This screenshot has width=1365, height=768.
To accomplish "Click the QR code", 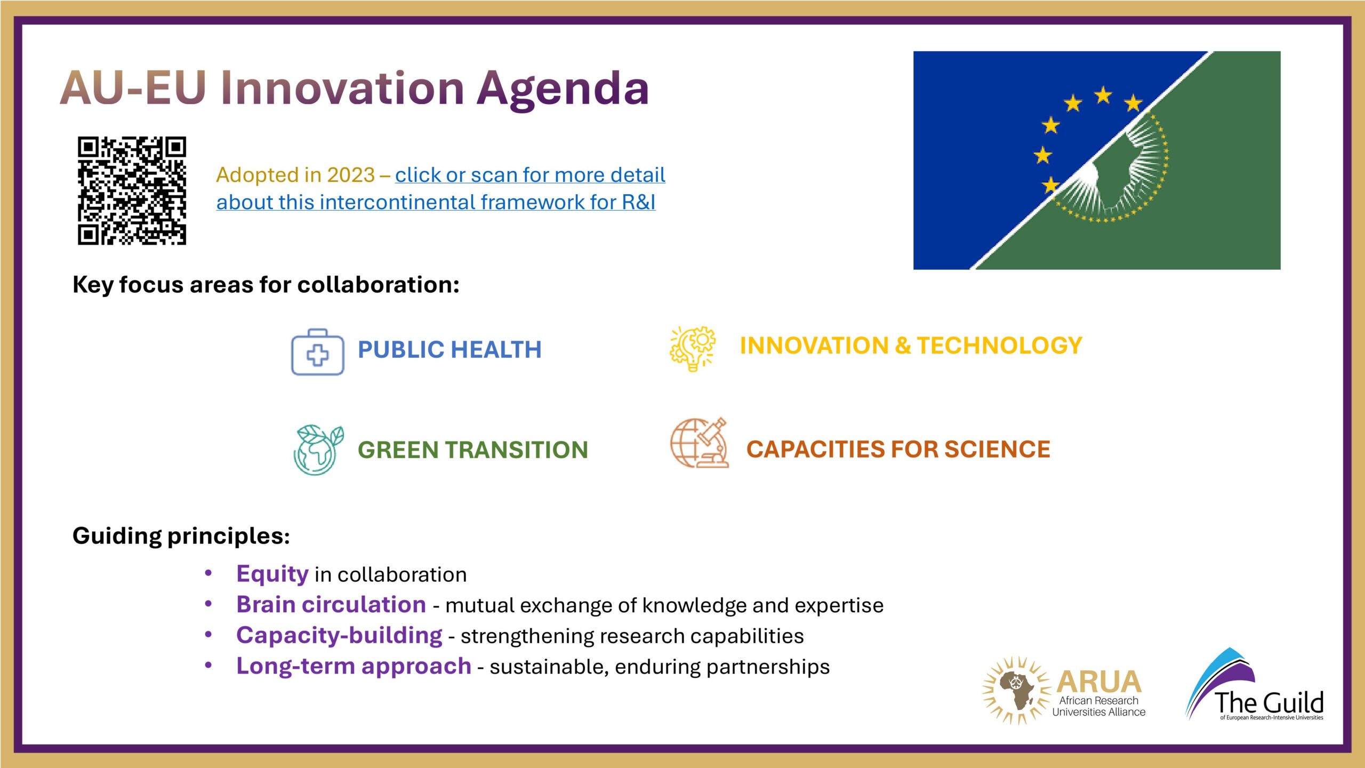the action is (x=132, y=190).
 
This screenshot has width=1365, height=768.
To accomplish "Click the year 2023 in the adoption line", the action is (x=351, y=175).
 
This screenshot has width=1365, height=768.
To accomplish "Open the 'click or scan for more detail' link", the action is (x=530, y=175).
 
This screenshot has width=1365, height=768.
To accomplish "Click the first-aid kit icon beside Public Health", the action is (x=318, y=352).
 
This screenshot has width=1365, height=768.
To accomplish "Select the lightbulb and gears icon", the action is (x=693, y=348).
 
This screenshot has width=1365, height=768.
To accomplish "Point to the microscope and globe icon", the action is (x=699, y=443).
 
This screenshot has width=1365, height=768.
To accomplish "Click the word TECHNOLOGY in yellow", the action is (x=1000, y=346).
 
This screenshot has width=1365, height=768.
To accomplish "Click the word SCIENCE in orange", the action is (x=997, y=449).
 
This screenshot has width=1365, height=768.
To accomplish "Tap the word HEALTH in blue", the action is (x=496, y=350).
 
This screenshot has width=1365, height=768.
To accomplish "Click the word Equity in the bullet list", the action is (x=272, y=574).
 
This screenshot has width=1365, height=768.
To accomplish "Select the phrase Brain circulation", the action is (x=331, y=605).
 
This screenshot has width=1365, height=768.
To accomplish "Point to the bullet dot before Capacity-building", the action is (x=208, y=635).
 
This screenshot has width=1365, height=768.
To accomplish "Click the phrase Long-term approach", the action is (x=354, y=667).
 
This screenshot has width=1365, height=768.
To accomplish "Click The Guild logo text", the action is (x=1269, y=702).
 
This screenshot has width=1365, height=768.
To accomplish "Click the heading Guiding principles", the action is (x=181, y=536).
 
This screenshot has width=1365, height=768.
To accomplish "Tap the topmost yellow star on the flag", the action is (x=1103, y=95).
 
